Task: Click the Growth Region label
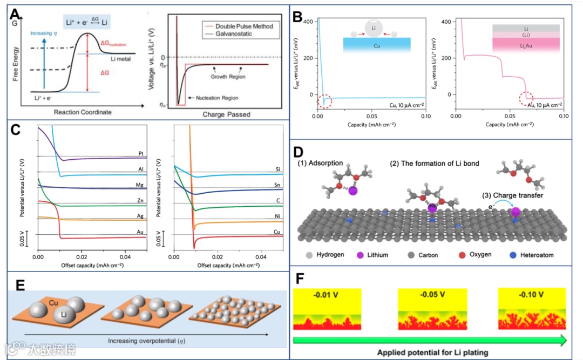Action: click(226, 77)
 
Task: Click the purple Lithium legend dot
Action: click(360, 255)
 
